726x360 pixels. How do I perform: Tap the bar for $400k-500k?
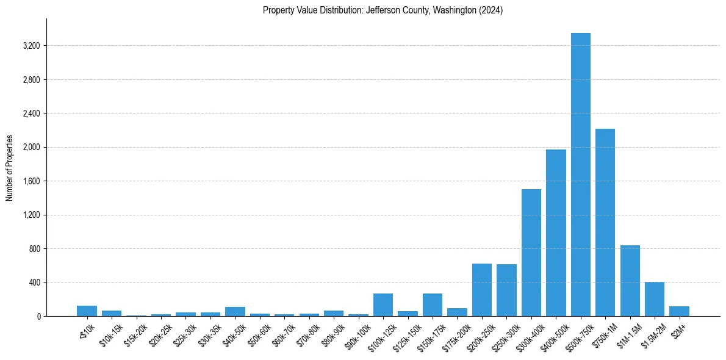556,232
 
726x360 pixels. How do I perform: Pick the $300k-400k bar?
531,253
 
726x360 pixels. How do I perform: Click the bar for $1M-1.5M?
630,281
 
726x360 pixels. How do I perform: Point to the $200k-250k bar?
482,290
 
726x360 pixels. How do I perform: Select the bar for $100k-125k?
383,304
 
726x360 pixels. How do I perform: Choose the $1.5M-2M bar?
655,299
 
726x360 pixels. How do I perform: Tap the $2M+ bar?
679,311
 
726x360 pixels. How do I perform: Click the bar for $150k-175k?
433,304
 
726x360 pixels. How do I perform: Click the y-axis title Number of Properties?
9,167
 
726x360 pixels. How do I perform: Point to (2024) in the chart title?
491,10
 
